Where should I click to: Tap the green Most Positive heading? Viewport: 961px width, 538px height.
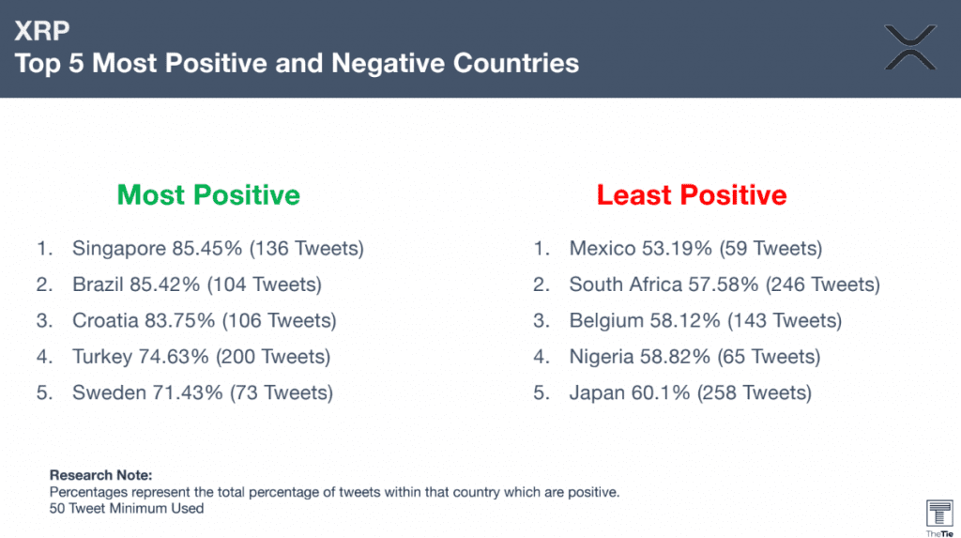pos(208,195)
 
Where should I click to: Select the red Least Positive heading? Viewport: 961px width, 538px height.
pos(692,195)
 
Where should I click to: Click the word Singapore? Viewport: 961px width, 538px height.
pos(119,249)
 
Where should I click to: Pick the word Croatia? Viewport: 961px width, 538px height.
pos(105,320)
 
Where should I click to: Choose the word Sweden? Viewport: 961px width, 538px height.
pos(109,392)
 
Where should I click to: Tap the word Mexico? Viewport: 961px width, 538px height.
pos(603,249)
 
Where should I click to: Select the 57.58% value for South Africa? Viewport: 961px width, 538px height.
pos(724,284)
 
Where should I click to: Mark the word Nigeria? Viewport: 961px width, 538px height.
pos(602,357)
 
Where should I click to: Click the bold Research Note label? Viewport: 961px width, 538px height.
pos(100,475)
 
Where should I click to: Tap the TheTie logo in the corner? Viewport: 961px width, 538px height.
pos(939,517)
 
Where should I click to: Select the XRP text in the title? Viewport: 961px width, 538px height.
pos(41,31)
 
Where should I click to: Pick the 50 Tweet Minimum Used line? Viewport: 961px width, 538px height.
pos(127,508)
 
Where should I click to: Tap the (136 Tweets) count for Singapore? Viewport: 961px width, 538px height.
pos(307,249)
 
